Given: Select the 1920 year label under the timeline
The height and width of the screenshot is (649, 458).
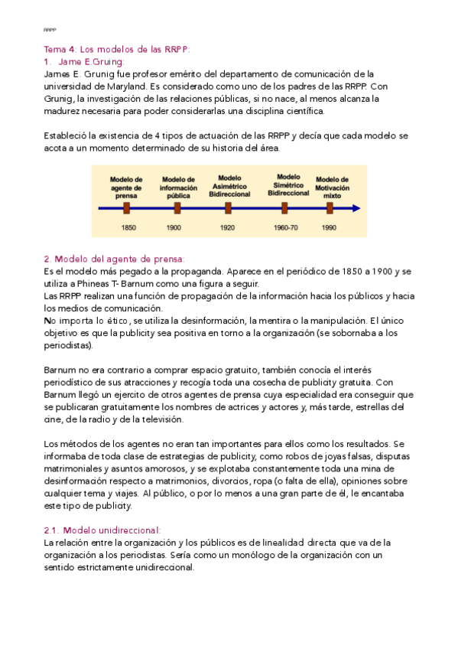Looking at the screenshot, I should (228, 227).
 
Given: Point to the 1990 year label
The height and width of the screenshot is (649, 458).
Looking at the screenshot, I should (330, 227).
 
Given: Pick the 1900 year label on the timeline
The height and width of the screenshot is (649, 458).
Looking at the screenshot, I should (174, 227).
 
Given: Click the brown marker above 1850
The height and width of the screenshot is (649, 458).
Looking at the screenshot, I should (127, 207).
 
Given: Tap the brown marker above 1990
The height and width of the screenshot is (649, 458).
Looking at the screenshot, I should (330, 207).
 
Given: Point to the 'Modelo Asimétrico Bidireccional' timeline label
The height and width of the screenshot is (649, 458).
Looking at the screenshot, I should (229, 186).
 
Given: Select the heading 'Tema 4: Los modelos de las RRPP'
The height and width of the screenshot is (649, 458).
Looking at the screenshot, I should (116, 50).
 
